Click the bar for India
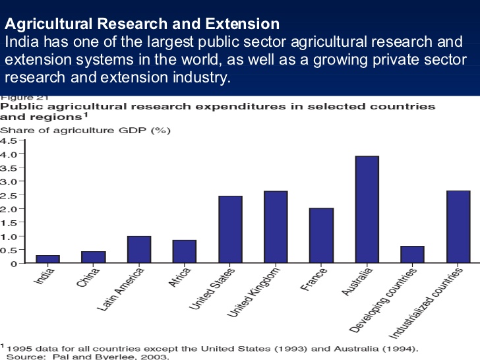point(47,259)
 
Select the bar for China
point(94,257)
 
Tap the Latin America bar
point(139,249)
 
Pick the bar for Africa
point(185,251)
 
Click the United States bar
point(230,229)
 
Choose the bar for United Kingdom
point(276,227)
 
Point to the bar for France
point(321,235)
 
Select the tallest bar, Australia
point(367,210)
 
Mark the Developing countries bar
point(412,255)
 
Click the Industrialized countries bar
point(458,227)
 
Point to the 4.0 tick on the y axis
point(9,154)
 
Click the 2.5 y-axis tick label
point(9,195)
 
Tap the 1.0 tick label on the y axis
point(9,236)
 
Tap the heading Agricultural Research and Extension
point(142,25)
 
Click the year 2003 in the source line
point(156,357)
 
